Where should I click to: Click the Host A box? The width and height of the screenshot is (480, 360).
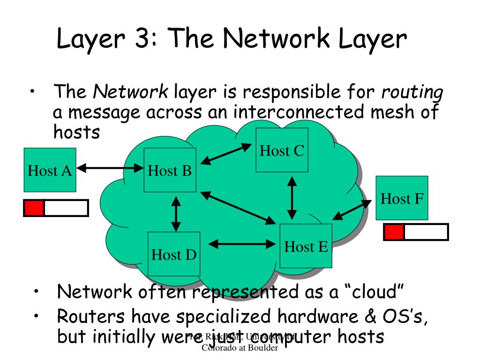(x=50, y=170)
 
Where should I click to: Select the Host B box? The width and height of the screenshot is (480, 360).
(x=170, y=170)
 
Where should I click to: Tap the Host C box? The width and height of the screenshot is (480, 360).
(x=282, y=150)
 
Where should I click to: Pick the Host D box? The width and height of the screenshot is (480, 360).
(x=173, y=254)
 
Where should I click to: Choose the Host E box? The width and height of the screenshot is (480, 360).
(x=306, y=246)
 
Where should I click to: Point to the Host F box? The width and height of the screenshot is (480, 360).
(x=402, y=198)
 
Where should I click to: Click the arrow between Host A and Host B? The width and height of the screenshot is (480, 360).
(x=110, y=166)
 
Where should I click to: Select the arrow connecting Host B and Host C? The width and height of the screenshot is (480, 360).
(x=226, y=154)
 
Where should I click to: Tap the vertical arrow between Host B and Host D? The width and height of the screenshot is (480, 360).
(x=176, y=214)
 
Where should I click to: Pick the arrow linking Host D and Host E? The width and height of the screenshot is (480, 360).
(x=241, y=244)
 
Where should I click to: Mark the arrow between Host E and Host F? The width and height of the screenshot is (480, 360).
(x=351, y=210)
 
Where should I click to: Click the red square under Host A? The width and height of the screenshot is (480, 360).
(x=34, y=208)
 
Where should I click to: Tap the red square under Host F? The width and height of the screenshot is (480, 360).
(x=394, y=232)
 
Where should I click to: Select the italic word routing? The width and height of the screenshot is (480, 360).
(x=412, y=93)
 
